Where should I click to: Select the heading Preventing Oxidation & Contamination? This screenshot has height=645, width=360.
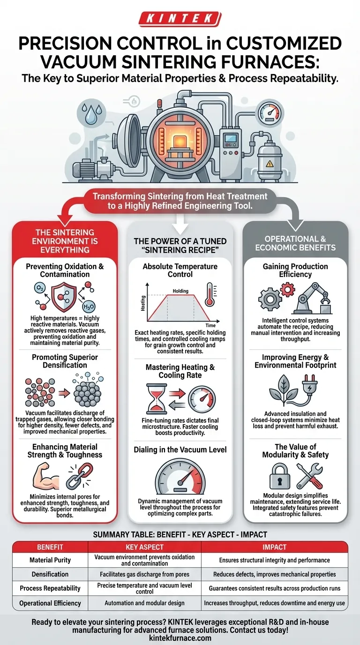tap(65, 270)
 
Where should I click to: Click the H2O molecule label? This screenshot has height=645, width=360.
tap(89, 307)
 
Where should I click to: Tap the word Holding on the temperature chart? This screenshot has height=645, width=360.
tap(180, 291)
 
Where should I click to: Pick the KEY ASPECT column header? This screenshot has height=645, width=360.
tap(144, 547)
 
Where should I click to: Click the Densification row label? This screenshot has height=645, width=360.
tap(50, 574)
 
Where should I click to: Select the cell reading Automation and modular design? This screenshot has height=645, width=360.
tap(144, 603)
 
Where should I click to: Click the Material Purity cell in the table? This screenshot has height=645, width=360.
tap(50, 560)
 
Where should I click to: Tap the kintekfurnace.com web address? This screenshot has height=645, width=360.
tap(180, 638)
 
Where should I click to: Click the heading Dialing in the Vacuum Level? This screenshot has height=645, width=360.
tap(180, 450)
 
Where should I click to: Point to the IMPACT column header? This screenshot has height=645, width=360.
tap(274, 547)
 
